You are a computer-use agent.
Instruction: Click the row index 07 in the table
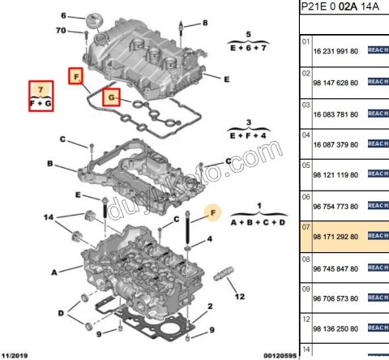click(x=306, y=226)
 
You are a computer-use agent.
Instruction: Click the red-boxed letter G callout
click(x=112, y=99)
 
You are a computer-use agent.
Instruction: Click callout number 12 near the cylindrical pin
click(x=238, y=298)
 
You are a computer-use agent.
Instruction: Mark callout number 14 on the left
click(x=49, y=218)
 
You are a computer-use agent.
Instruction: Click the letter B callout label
click(x=49, y=165)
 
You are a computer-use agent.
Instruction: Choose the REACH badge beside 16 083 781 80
click(x=378, y=112)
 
